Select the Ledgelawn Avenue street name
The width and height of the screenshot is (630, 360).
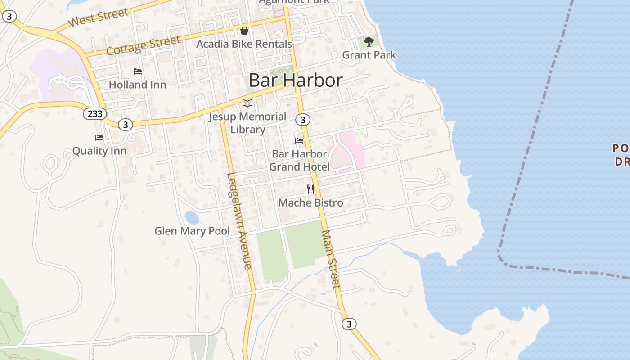pyautogui.click(x=239, y=220)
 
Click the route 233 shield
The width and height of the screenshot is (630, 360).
pyautogui.click(x=95, y=114)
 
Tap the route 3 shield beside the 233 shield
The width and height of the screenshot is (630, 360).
pyautogui.click(x=126, y=125)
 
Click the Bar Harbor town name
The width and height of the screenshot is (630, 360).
pyautogui.click(x=296, y=81)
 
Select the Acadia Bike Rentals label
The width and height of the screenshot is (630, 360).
pyautogui.click(x=244, y=44)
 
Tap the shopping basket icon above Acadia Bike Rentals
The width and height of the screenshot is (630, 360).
pyautogui.click(x=244, y=31)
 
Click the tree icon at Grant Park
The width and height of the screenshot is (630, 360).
pyautogui.click(x=369, y=42)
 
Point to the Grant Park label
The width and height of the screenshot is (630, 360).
pyautogui.click(x=369, y=55)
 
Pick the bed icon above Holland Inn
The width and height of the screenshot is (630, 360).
pyautogui.click(x=138, y=72)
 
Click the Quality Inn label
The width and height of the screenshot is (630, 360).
pyautogui.click(x=99, y=151)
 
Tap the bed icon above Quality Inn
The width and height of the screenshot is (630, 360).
pyautogui.click(x=99, y=138)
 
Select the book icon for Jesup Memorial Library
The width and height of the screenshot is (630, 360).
pyautogui.click(x=247, y=103)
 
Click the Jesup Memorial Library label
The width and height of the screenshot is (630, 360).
pyautogui.click(x=247, y=123)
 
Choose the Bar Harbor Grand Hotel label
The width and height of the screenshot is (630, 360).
pyautogui.click(x=299, y=160)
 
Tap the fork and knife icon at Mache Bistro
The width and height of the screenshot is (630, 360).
pyautogui.click(x=310, y=189)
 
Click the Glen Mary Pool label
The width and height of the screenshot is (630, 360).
pyautogui.click(x=192, y=231)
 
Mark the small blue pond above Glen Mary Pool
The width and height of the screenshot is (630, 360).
pyautogui.click(x=192, y=218)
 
